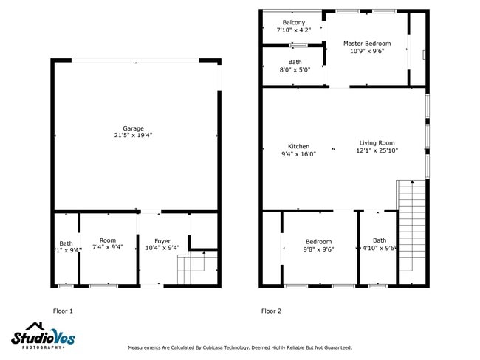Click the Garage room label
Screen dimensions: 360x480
(x=134, y=128)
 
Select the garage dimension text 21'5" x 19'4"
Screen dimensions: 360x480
(x=134, y=136)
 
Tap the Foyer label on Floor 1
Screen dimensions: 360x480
(x=162, y=241)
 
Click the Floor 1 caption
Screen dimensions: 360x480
(x=63, y=311)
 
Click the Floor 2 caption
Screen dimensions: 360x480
(x=271, y=311)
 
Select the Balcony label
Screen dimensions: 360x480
(x=293, y=23)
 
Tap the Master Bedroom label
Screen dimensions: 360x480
(x=367, y=44)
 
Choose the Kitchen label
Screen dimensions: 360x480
(x=298, y=146)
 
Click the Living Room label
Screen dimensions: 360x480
(x=377, y=143)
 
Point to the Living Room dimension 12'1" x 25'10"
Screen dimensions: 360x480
(x=377, y=150)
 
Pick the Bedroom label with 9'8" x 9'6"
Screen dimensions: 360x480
(x=319, y=241)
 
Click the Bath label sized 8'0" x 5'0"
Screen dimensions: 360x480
(x=295, y=62)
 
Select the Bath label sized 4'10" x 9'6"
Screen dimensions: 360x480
(x=379, y=240)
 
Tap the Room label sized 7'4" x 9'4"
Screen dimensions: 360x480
(x=108, y=240)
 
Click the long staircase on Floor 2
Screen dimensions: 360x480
(x=411, y=232)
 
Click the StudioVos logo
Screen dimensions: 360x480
(x=43, y=336)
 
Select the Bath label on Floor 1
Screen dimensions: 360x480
(x=66, y=243)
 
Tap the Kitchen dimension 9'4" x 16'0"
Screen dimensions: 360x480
(x=298, y=154)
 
